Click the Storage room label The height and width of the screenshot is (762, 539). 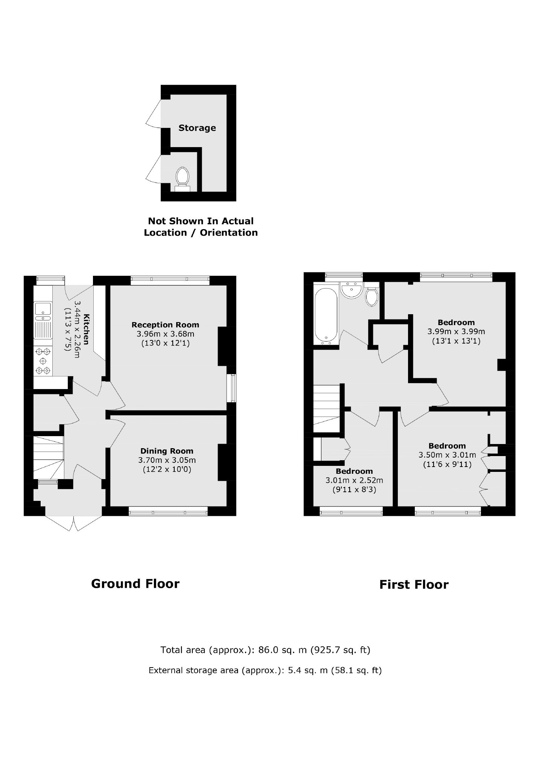point(197,128)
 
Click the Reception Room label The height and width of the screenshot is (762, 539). point(165,325)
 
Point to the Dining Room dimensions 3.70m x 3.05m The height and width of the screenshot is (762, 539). point(167,460)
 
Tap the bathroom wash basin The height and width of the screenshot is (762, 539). point(351,290)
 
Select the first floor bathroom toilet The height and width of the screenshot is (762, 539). point(372,294)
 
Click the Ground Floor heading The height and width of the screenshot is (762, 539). point(135,584)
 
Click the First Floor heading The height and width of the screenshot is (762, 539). point(414,585)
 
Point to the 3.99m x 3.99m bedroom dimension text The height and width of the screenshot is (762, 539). point(456,332)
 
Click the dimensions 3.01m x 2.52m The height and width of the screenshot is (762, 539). point(354,481)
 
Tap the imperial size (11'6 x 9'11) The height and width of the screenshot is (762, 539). point(447,464)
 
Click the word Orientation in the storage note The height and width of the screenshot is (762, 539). point(229,233)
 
